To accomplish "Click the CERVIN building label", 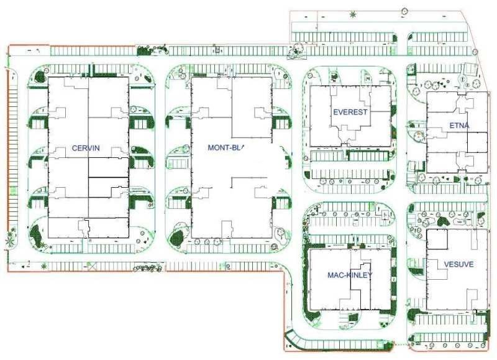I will point(86,149).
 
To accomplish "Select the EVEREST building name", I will point(350,113).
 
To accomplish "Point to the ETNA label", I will point(459,126).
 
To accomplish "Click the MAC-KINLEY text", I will point(350,275).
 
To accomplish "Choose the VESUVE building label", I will point(458,264).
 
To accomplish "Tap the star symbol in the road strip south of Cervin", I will point(43,267).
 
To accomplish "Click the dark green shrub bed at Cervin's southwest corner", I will point(35,236).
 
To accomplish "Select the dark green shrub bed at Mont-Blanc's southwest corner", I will point(175,236).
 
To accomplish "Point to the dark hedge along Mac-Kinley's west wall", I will point(306,280).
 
